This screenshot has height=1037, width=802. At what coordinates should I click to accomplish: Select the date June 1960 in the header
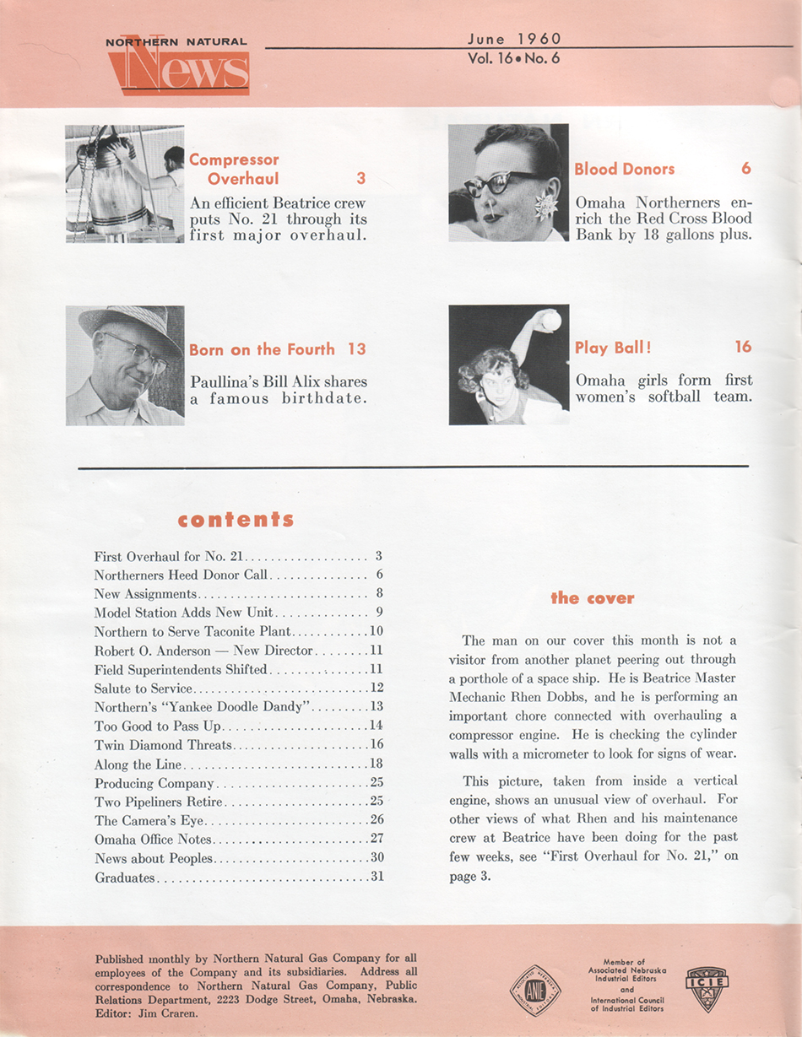click(x=513, y=38)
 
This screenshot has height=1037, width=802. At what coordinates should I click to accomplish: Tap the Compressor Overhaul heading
click(x=234, y=169)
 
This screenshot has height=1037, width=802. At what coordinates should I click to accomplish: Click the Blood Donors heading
click(x=624, y=169)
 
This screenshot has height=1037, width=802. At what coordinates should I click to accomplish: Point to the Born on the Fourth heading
click(x=262, y=349)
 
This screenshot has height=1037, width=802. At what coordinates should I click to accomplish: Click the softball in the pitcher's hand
click(x=550, y=320)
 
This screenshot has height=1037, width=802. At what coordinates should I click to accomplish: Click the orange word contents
click(x=236, y=519)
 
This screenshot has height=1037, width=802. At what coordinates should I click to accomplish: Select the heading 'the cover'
click(x=592, y=598)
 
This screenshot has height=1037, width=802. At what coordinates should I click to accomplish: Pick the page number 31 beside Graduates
click(x=377, y=877)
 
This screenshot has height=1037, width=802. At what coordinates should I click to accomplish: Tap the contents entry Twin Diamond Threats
click(x=163, y=745)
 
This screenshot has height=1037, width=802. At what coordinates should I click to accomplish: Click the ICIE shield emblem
click(x=707, y=986)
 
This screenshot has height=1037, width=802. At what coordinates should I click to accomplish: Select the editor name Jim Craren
click(x=176, y=1012)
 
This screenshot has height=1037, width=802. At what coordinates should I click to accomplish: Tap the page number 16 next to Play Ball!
click(x=743, y=347)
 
